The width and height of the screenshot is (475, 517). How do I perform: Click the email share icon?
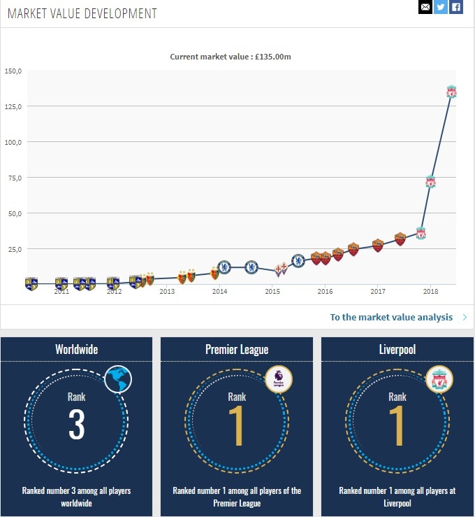point(425,7)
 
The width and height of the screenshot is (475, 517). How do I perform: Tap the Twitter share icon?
point(440,7)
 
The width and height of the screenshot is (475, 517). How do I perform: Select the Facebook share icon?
point(456,7)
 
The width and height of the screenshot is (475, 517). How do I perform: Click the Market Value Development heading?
point(82,14)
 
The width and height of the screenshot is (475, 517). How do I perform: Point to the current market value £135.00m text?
point(231,57)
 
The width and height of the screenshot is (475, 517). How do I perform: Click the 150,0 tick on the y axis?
point(13,71)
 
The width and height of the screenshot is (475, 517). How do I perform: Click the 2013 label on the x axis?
point(167,292)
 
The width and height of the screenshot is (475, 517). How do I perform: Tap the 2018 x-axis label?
point(430,292)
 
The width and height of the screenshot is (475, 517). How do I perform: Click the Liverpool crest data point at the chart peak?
point(451,92)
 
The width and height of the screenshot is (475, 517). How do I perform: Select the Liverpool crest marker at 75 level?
point(431,182)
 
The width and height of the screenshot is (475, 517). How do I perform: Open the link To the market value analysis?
point(391,317)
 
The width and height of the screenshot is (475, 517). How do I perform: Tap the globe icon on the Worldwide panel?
point(118,380)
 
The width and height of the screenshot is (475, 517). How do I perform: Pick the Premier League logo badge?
point(279,380)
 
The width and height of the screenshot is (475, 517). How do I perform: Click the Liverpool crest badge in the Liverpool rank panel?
point(439,380)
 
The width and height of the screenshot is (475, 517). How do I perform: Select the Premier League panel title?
point(237,349)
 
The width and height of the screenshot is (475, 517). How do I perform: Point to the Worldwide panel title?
point(76,349)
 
